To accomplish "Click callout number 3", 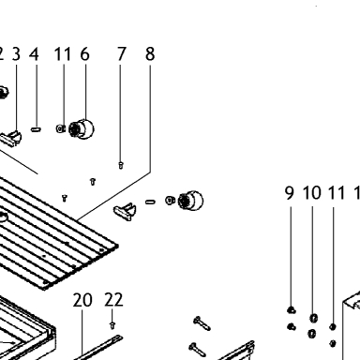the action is click(x=16, y=54).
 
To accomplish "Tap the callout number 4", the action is click(x=34, y=54).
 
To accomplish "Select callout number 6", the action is click(x=84, y=54).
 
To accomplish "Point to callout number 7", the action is click(x=122, y=54).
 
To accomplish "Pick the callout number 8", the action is click(x=150, y=54).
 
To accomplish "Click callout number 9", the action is click(x=290, y=193).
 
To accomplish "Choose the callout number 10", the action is click(x=312, y=193).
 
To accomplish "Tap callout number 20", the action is click(x=82, y=300).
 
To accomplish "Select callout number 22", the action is click(x=113, y=300).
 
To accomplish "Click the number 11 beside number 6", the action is click(x=63, y=54).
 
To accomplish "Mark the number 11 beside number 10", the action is click(x=337, y=193).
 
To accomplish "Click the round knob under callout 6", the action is click(x=82, y=129).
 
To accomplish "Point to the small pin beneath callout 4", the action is click(x=36, y=129).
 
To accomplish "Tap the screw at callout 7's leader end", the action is click(x=121, y=165).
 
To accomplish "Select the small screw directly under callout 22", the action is click(x=112, y=325).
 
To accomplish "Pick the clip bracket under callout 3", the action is click(x=11, y=139).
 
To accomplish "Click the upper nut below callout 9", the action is click(x=292, y=310).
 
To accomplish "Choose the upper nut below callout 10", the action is click(x=313, y=319).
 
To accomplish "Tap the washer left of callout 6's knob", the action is click(x=60, y=128).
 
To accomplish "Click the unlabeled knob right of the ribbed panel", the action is click(x=190, y=200).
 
